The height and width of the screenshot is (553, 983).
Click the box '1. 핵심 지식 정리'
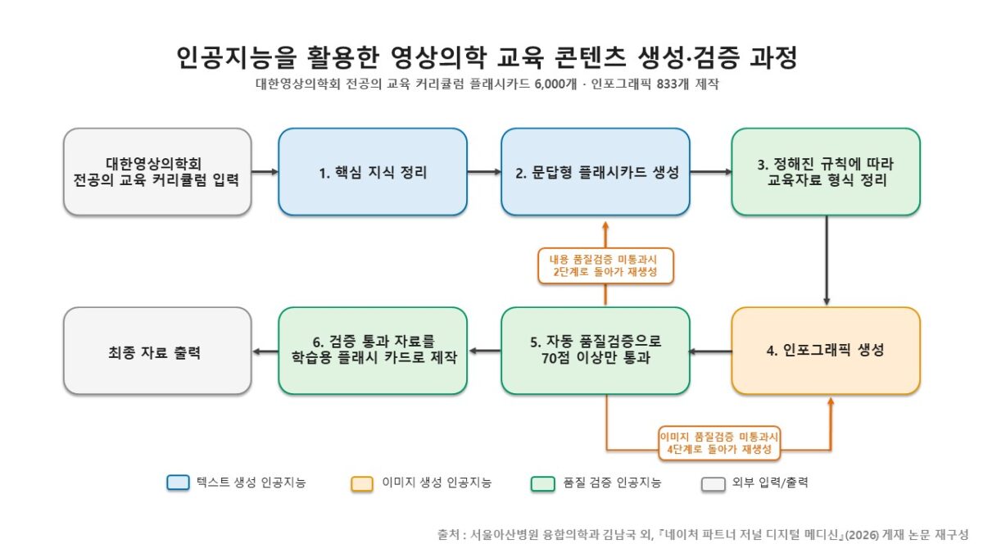point(373,171)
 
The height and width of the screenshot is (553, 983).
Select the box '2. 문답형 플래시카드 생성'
point(596,171)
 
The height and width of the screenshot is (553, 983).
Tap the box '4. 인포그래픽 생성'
point(826,351)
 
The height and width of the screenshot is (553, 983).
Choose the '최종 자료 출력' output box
point(157,351)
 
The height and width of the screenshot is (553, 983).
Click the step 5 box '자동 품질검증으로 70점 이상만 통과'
point(596,351)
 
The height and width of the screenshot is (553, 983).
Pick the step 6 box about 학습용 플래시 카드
point(373,351)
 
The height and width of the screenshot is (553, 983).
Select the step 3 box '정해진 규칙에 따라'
point(826,171)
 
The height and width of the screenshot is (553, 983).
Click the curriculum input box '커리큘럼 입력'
point(157,171)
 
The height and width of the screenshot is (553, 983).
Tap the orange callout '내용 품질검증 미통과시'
point(605,266)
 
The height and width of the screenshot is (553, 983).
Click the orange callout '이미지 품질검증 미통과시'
point(719,443)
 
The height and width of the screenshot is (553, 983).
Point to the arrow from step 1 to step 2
point(484,171)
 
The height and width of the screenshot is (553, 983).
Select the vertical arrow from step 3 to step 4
point(827,261)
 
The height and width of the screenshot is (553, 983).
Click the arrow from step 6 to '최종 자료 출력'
point(265,351)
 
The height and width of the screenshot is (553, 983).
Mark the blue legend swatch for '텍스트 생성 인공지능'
point(179,483)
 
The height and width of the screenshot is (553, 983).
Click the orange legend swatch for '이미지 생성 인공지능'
point(362,483)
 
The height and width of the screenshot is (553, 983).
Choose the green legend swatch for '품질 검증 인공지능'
point(543,483)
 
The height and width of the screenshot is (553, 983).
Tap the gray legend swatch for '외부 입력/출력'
point(713,484)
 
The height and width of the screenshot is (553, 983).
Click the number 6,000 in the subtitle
point(550,84)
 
